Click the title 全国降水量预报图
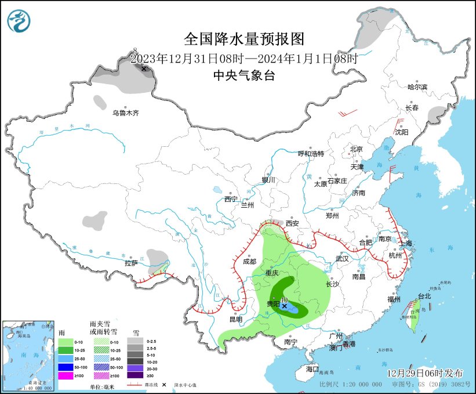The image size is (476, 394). [244, 39]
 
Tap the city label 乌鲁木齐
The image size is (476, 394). [126, 113]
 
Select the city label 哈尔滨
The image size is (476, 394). [417, 87]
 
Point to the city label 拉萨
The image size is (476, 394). [131, 263]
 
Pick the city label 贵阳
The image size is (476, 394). [272, 304]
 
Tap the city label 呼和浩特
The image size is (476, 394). [311, 154]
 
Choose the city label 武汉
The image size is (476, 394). [342, 259]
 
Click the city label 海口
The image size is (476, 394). [313, 369]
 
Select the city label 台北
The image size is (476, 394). [424, 296]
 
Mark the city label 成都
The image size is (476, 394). [249, 262]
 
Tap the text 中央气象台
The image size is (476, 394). [244, 75]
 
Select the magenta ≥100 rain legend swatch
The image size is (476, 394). [64, 376]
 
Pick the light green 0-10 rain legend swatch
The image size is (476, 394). [64, 342]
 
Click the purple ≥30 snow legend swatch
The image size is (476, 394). [136, 376]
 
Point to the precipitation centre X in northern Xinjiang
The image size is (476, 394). [144, 68]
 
